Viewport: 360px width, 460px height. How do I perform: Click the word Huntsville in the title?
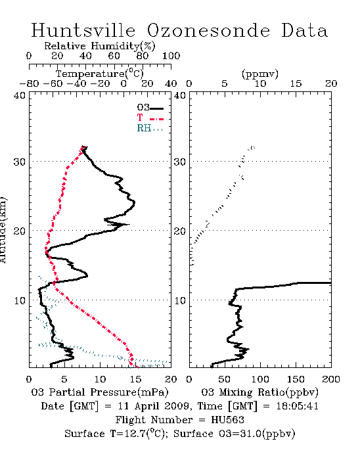pos(83,30)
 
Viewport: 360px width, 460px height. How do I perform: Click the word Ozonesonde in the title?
pos(208,30)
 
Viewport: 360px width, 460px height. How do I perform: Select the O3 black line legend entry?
pos(150,108)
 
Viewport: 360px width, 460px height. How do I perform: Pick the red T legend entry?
pos(150,118)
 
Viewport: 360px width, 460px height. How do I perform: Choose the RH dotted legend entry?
pos(150,128)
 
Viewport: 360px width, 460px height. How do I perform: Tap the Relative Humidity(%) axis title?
pos(100,46)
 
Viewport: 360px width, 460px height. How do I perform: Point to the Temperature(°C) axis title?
pos(100,74)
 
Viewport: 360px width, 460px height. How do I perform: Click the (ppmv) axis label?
pos(260,74)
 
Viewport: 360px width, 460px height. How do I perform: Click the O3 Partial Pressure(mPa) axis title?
pos(100,392)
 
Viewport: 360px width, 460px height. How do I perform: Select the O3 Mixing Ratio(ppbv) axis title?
pos(260,392)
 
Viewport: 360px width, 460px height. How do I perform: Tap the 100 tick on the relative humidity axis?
pos(171,56)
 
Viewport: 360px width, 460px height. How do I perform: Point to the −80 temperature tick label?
pos(30,83)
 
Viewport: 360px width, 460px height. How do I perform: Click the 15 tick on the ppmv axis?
pos(296,83)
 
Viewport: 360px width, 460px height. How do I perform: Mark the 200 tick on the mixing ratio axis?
pos(331,379)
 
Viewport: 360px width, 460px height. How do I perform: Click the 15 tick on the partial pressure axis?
pos(136,379)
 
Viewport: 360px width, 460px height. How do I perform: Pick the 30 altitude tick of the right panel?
pos(180,162)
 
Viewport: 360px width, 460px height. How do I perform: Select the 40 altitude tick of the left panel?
pos(20,96)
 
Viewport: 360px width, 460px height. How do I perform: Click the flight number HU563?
pos(227,420)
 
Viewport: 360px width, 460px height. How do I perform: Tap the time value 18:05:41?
pos(298,406)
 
